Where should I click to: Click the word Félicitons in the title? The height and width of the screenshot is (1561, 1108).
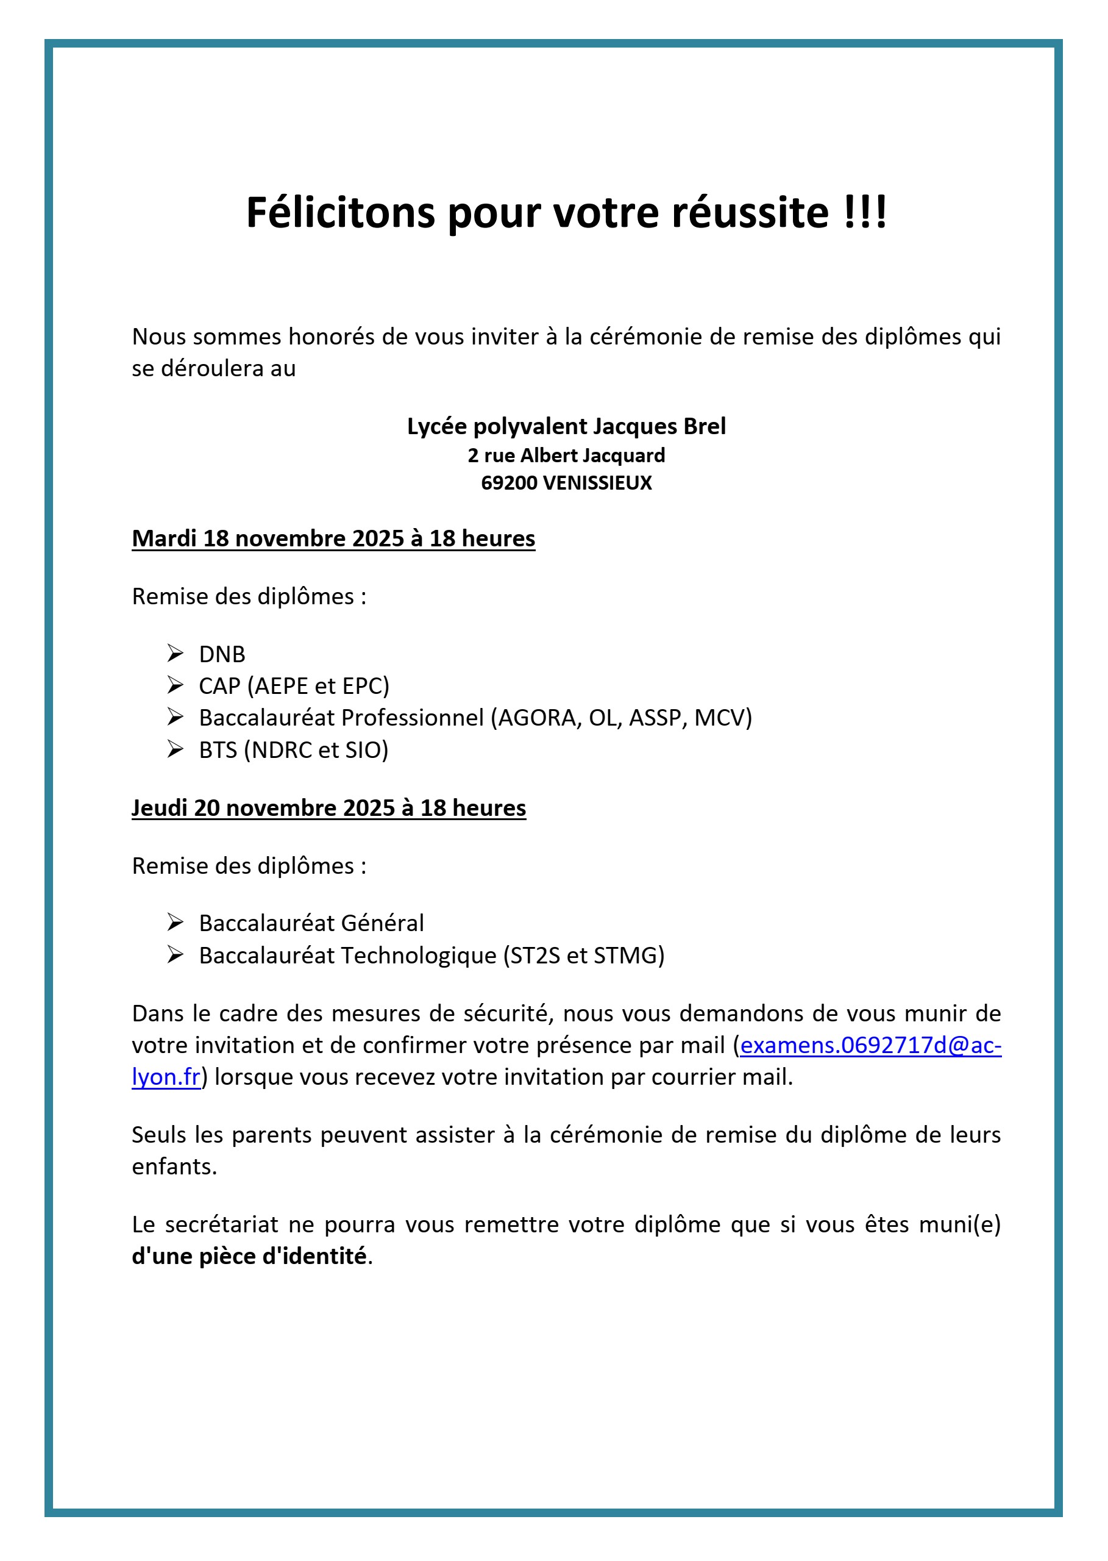coord(339,212)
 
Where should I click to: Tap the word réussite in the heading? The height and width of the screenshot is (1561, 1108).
coord(750,212)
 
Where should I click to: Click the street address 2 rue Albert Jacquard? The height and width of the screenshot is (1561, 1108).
coord(566,455)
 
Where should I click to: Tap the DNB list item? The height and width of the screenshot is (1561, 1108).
coord(222,654)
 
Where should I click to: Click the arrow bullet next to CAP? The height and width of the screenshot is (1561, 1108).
coord(176,685)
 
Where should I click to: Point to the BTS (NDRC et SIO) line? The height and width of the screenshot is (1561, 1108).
coord(293,749)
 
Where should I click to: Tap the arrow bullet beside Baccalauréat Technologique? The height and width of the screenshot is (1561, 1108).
coord(176,954)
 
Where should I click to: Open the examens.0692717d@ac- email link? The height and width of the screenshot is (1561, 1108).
coord(870,1045)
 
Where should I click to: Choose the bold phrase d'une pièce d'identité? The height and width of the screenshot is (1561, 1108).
coord(249,1256)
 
